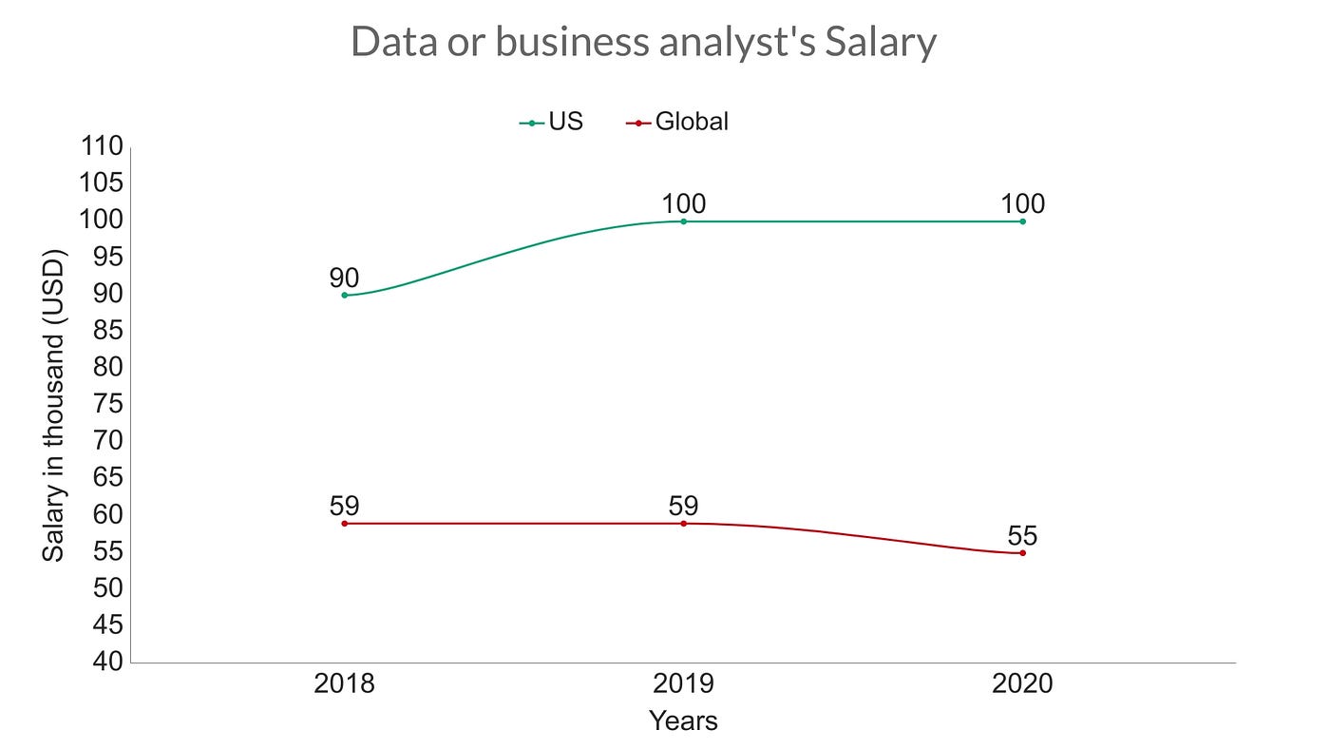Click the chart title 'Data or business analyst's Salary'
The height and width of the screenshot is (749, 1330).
click(x=643, y=43)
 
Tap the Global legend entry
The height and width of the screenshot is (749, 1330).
click(x=678, y=122)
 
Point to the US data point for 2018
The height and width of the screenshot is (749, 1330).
click(x=345, y=295)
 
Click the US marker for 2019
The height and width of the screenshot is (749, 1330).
click(x=684, y=221)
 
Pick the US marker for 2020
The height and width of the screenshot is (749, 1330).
click(x=1022, y=221)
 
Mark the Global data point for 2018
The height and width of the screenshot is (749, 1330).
click(x=345, y=524)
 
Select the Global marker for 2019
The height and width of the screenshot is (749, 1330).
click(x=684, y=524)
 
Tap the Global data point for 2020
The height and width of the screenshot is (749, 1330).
click(x=1022, y=553)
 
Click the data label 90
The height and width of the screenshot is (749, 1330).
click(x=345, y=278)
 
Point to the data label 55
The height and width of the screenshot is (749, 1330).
click(x=1022, y=536)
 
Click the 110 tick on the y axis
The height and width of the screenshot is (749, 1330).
click(x=103, y=146)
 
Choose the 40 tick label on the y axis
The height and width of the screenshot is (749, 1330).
click(x=109, y=662)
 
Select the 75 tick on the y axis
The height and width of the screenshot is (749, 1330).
click(x=109, y=404)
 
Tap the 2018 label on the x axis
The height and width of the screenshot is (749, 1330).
click(x=345, y=684)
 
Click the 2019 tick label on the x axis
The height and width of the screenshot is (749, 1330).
click(x=684, y=684)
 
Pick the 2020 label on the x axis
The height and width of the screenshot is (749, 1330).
click(x=1022, y=684)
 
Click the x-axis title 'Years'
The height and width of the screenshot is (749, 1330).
click(x=683, y=720)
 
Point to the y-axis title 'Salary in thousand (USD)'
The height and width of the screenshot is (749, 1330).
click(x=54, y=404)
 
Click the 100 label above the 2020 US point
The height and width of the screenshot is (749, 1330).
click(x=1022, y=204)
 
